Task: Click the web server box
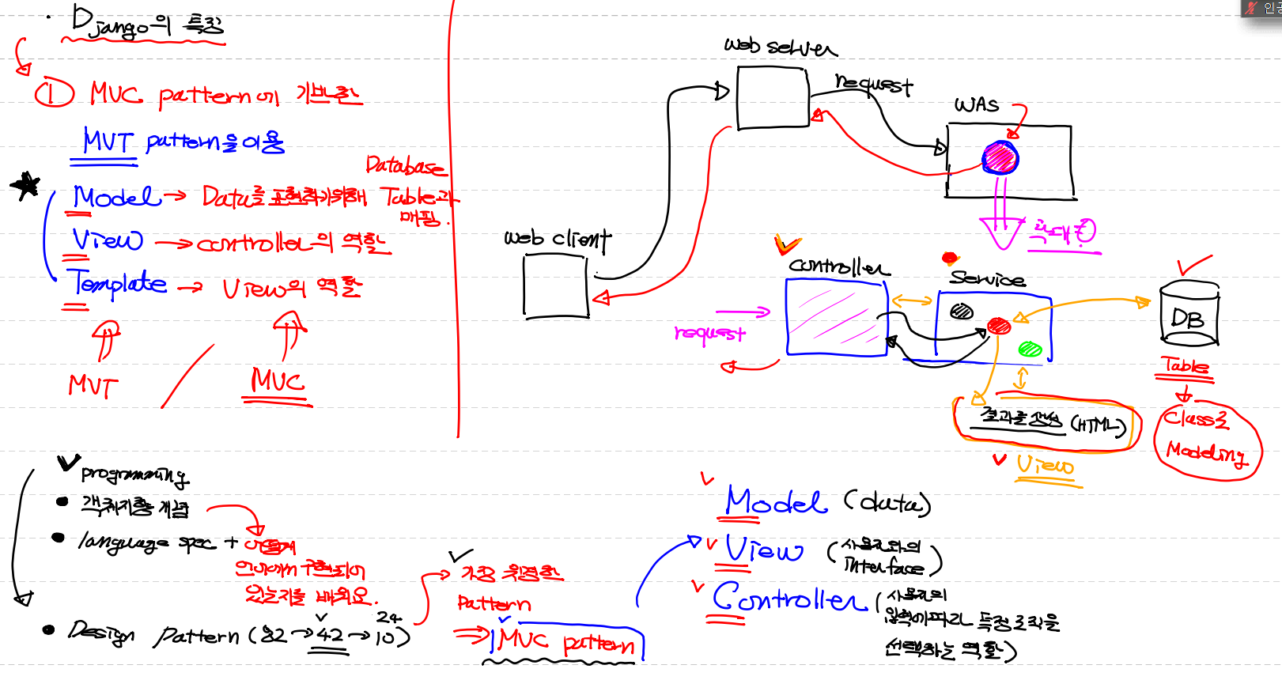773,98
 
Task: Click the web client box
555,286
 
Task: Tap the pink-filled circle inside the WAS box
1000,158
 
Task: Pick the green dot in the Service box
1030,348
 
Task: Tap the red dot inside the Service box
999,326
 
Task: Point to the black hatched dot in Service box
961,312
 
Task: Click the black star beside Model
26,186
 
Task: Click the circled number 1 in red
54,94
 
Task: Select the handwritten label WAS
976,104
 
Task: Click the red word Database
404,166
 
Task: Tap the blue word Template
117,283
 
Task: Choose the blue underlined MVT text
108,142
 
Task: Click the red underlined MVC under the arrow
278,381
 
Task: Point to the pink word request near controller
709,334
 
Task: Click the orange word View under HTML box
1045,465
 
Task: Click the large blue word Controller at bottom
788,599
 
